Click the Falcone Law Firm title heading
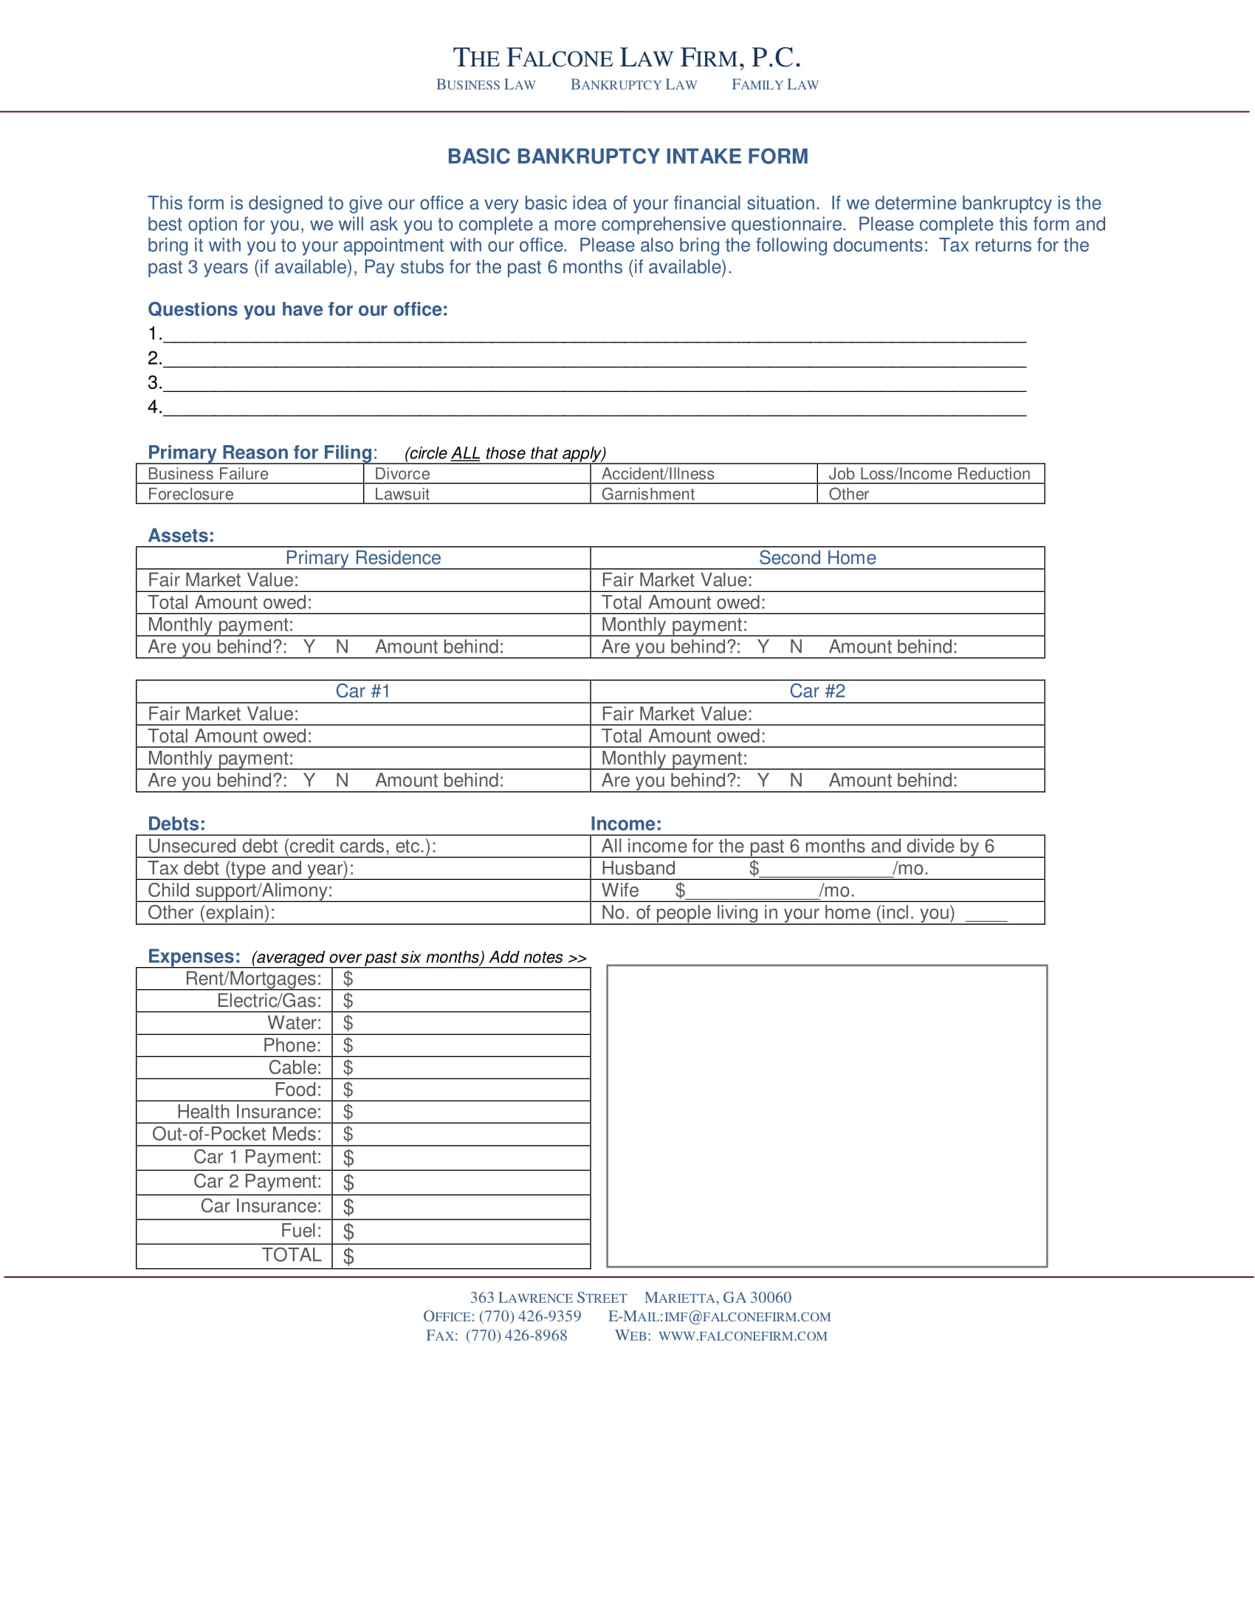pyautogui.click(x=627, y=58)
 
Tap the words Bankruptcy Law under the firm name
pyautogui.click(x=633, y=85)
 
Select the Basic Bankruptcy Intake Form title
pyautogui.click(x=627, y=156)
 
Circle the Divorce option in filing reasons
pyautogui.click(x=402, y=474)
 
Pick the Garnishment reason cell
pyautogui.click(x=647, y=495)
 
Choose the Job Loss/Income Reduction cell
pyautogui.click(x=929, y=474)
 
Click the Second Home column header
pyautogui.click(x=816, y=557)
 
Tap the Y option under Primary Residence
pyautogui.click(x=309, y=647)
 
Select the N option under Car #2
pyautogui.click(x=796, y=780)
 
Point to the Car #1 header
pyautogui.click(x=362, y=691)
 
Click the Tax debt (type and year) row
pyautogui.click(x=251, y=869)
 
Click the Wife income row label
pyautogui.click(x=619, y=890)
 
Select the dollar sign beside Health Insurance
pyautogui.click(x=348, y=1112)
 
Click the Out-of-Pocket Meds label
pyautogui.click(x=236, y=1134)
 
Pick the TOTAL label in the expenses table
pyautogui.click(x=291, y=1255)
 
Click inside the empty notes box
pyautogui.click(x=826, y=1115)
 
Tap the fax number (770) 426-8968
pyautogui.click(x=516, y=1335)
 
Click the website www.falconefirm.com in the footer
pyautogui.click(x=742, y=1335)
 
